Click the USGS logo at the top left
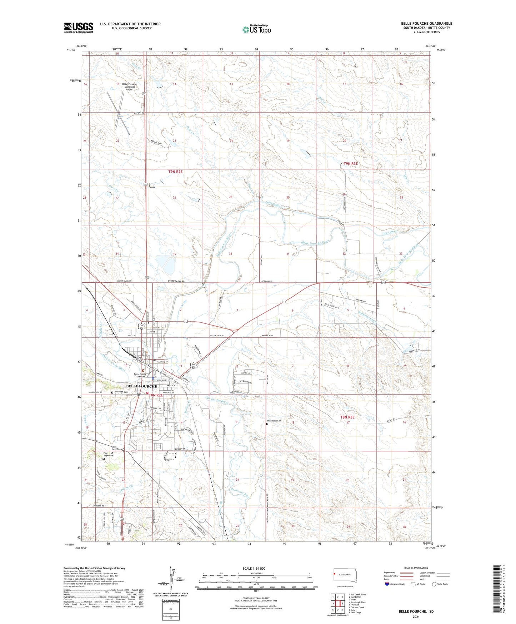coord(78,28)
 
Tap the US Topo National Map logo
coord(256,29)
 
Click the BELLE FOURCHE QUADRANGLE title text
coord(426,24)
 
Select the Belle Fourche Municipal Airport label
coord(129,87)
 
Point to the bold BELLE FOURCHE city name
coord(141,386)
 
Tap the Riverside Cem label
coord(121,392)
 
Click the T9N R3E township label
coord(350,164)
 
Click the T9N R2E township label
coord(175,172)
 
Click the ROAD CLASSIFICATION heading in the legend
coord(416,568)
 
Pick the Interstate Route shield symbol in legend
coord(387,584)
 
